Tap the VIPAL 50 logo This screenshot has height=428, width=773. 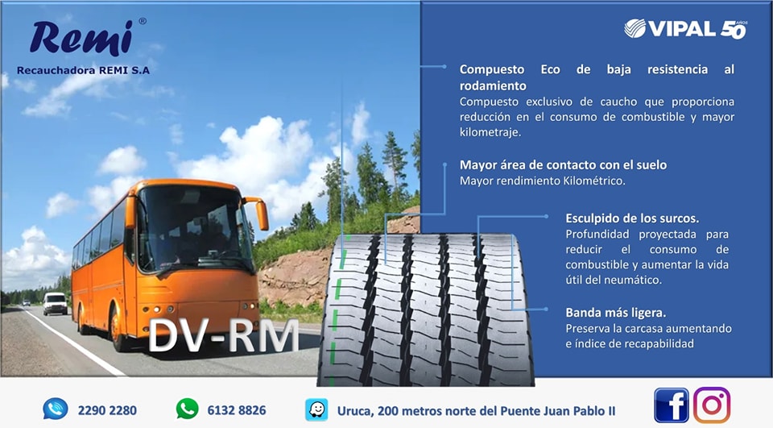point(685,29)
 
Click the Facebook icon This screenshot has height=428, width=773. point(671,405)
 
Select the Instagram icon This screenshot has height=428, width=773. point(711,405)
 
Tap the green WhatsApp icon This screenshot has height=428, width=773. point(188,409)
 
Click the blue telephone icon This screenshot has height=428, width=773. point(56,409)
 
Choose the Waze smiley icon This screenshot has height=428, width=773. point(316,409)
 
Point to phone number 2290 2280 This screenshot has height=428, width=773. point(107,410)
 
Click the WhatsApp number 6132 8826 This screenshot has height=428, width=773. point(237,410)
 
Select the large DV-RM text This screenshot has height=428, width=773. point(223,336)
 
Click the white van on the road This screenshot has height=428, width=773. point(55,303)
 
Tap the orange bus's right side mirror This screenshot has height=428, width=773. point(260,214)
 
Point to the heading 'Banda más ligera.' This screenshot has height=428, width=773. point(616,313)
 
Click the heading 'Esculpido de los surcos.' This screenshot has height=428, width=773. point(632,218)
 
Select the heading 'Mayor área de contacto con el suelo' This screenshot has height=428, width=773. point(563,165)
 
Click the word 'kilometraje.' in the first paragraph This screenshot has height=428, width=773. point(490,132)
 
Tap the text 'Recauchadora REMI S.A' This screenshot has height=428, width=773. point(83,70)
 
